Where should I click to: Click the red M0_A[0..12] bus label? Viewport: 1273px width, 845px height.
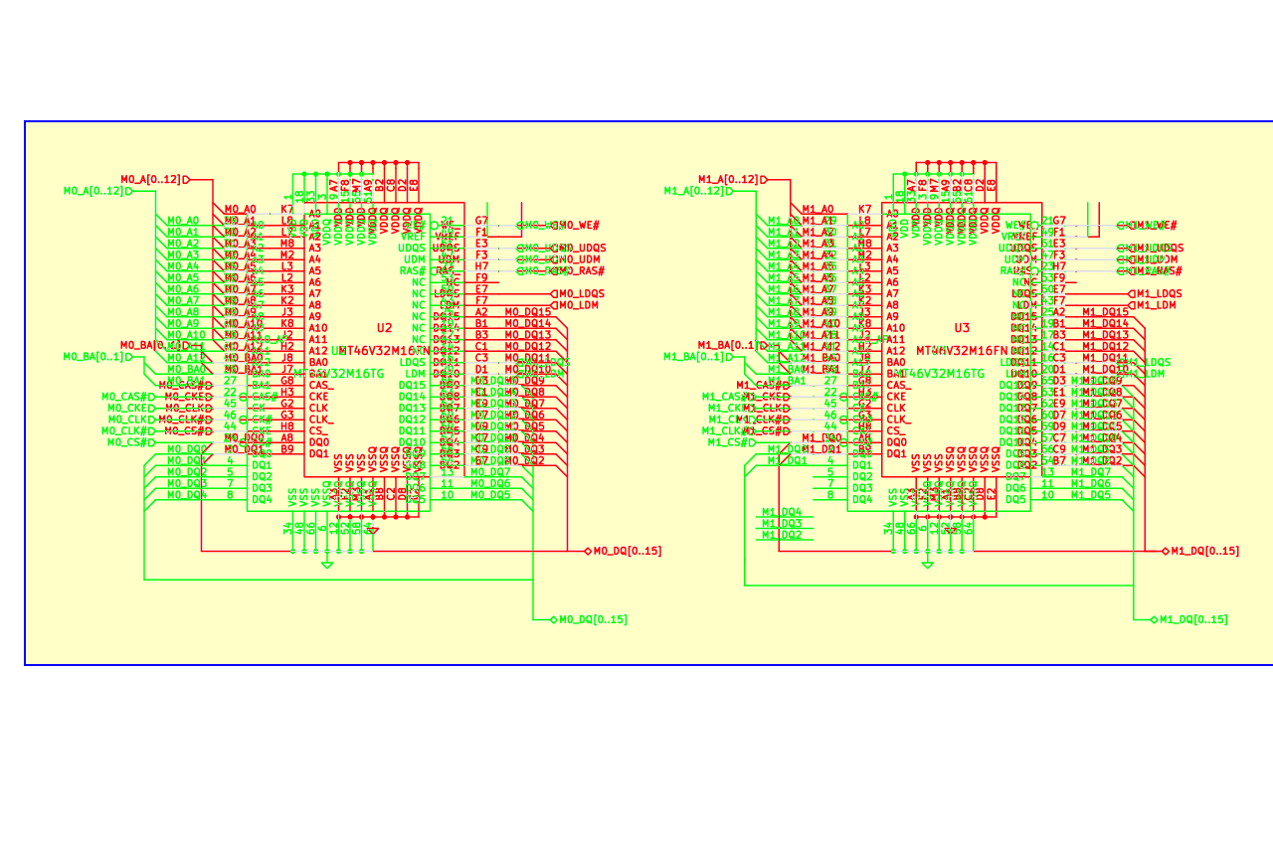151,180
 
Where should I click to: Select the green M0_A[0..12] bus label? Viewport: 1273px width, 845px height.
93,191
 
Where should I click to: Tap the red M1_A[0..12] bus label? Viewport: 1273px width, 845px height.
728,180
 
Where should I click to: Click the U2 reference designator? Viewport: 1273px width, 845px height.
384,328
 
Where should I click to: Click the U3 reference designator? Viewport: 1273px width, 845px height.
962,328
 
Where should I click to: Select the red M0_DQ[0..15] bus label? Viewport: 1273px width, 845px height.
627,551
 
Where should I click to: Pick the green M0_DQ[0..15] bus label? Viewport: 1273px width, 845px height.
593,619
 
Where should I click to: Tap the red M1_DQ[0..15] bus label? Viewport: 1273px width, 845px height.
1204,551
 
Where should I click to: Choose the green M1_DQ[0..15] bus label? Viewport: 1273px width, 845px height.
1193,619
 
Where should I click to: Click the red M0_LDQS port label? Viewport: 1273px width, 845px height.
581,294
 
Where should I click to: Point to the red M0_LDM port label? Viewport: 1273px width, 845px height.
578,305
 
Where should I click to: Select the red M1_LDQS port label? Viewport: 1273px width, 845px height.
1159,294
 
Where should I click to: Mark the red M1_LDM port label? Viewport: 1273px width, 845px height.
1156,305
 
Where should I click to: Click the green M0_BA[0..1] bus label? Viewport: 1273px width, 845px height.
93,357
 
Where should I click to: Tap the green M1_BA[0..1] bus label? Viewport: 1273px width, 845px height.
693,357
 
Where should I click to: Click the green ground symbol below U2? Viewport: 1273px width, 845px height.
327,565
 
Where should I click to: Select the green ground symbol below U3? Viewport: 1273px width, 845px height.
928,565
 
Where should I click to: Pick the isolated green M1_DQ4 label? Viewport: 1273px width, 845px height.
782,512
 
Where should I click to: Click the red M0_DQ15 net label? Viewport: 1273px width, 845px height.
527,312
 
